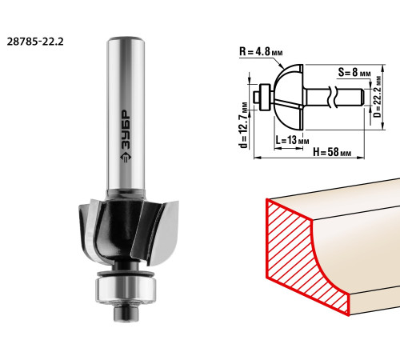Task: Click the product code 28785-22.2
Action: click(35, 42)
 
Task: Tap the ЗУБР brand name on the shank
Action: click(126, 129)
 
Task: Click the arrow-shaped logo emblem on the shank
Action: click(126, 158)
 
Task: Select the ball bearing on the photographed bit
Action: click(126, 290)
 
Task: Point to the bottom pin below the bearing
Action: click(126, 313)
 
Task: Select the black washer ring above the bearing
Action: click(126, 274)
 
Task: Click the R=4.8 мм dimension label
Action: click(261, 51)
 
